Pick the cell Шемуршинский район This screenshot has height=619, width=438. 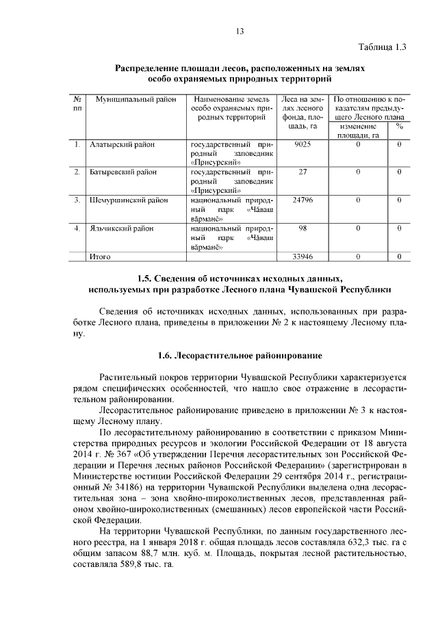pos(129,200)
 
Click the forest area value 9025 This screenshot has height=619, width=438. pos(302,145)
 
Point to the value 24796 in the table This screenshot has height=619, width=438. pos(302,200)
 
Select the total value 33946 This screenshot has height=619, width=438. pos(302,256)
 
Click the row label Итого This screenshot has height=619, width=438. pos(101,256)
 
